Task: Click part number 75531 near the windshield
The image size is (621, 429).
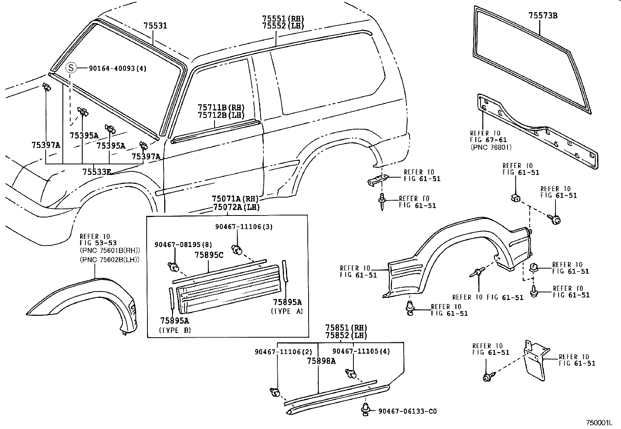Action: coord(155,26)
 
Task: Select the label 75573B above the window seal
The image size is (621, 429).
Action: coord(543,16)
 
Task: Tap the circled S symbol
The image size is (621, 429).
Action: coord(70,68)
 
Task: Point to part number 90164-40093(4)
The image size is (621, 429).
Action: coord(117,68)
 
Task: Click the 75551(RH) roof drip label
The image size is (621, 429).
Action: coord(283,19)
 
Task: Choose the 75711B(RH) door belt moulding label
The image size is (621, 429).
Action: coord(221,107)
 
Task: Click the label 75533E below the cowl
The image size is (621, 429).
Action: coord(96,171)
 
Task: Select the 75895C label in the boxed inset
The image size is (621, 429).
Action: coord(209,255)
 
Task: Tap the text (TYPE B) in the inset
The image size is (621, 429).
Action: coord(175,330)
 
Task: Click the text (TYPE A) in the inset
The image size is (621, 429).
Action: coord(287,311)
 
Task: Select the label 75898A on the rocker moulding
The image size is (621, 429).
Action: coord(321,361)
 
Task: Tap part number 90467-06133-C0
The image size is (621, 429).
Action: coord(407,411)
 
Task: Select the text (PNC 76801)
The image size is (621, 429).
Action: coord(491,147)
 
